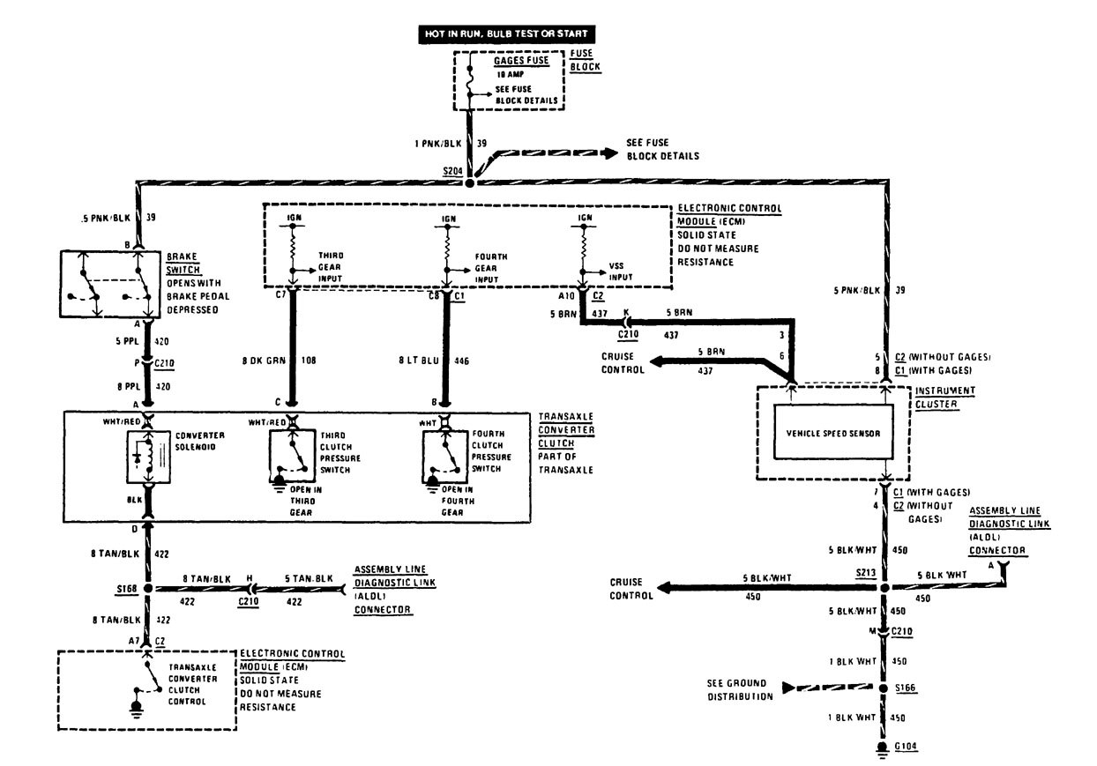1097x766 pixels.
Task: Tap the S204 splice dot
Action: [x=469, y=183]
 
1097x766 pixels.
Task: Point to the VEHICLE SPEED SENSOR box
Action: [x=832, y=431]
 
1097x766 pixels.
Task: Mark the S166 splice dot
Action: [x=883, y=688]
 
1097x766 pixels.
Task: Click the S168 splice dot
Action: [x=148, y=587]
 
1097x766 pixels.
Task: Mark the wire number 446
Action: [x=461, y=361]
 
